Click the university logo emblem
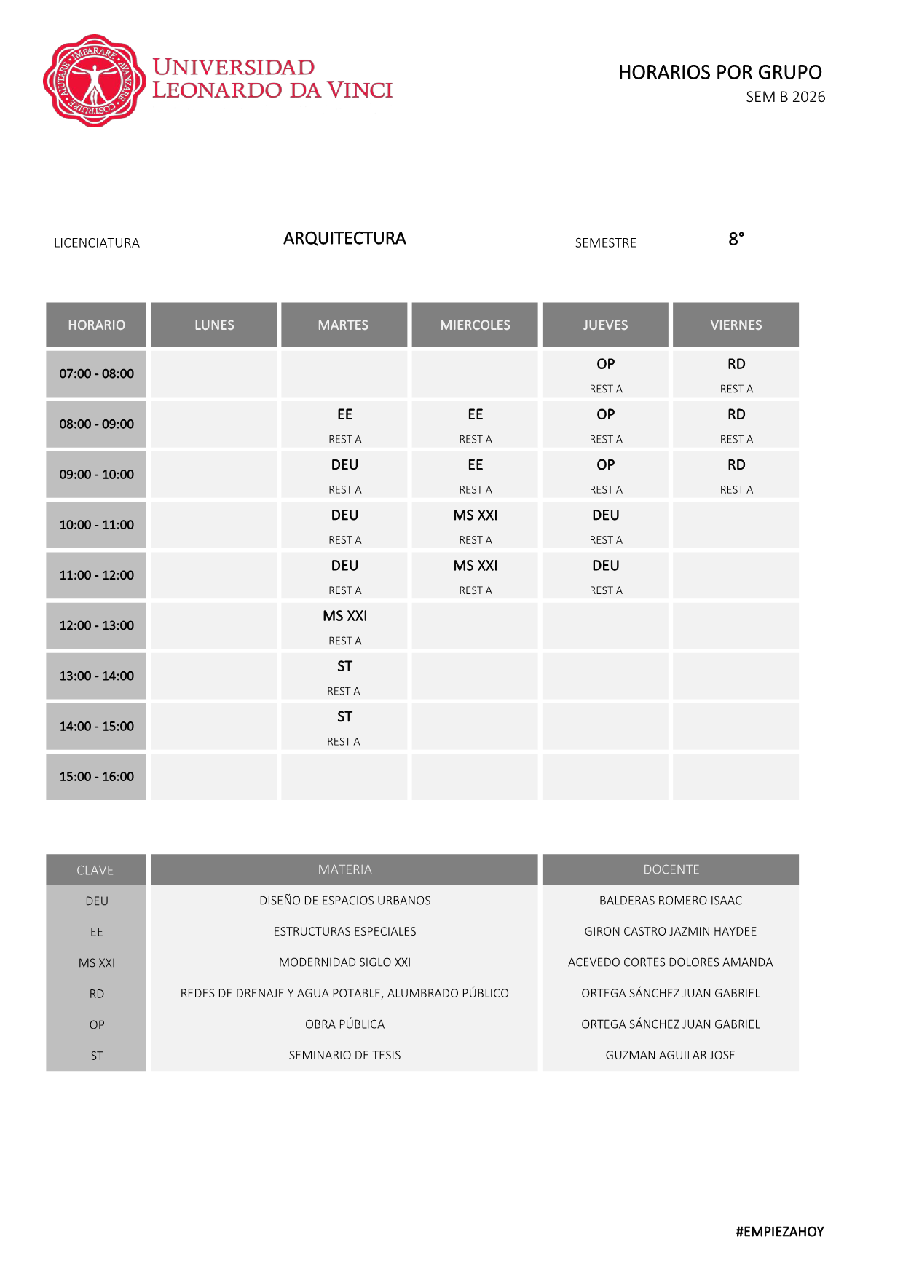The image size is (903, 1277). (x=94, y=81)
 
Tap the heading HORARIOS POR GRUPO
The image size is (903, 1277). (x=719, y=72)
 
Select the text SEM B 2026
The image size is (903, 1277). (x=785, y=97)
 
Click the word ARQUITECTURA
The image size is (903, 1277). (x=344, y=238)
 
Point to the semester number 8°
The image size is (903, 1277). (x=736, y=239)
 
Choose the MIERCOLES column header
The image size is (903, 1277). (x=475, y=325)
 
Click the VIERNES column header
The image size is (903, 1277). (x=736, y=325)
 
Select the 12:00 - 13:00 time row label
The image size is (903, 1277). (x=96, y=625)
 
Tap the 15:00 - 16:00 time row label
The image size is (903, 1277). (x=96, y=776)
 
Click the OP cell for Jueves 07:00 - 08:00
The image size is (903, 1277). (x=605, y=373)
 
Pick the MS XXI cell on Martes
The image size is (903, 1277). (x=344, y=625)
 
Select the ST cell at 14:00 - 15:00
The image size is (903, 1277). (x=344, y=726)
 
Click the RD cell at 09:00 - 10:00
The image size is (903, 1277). (x=736, y=474)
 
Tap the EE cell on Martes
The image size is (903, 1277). (x=344, y=424)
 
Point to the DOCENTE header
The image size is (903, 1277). (x=671, y=869)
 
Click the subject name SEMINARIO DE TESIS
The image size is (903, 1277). (x=344, y=1055)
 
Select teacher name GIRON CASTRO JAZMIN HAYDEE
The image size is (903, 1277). (x=670, y=931)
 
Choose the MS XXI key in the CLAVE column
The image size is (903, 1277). (x=96, y=962)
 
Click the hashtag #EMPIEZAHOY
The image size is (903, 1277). (x=779, y=1231)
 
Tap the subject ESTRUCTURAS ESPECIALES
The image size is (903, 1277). (x=344, y=931)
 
